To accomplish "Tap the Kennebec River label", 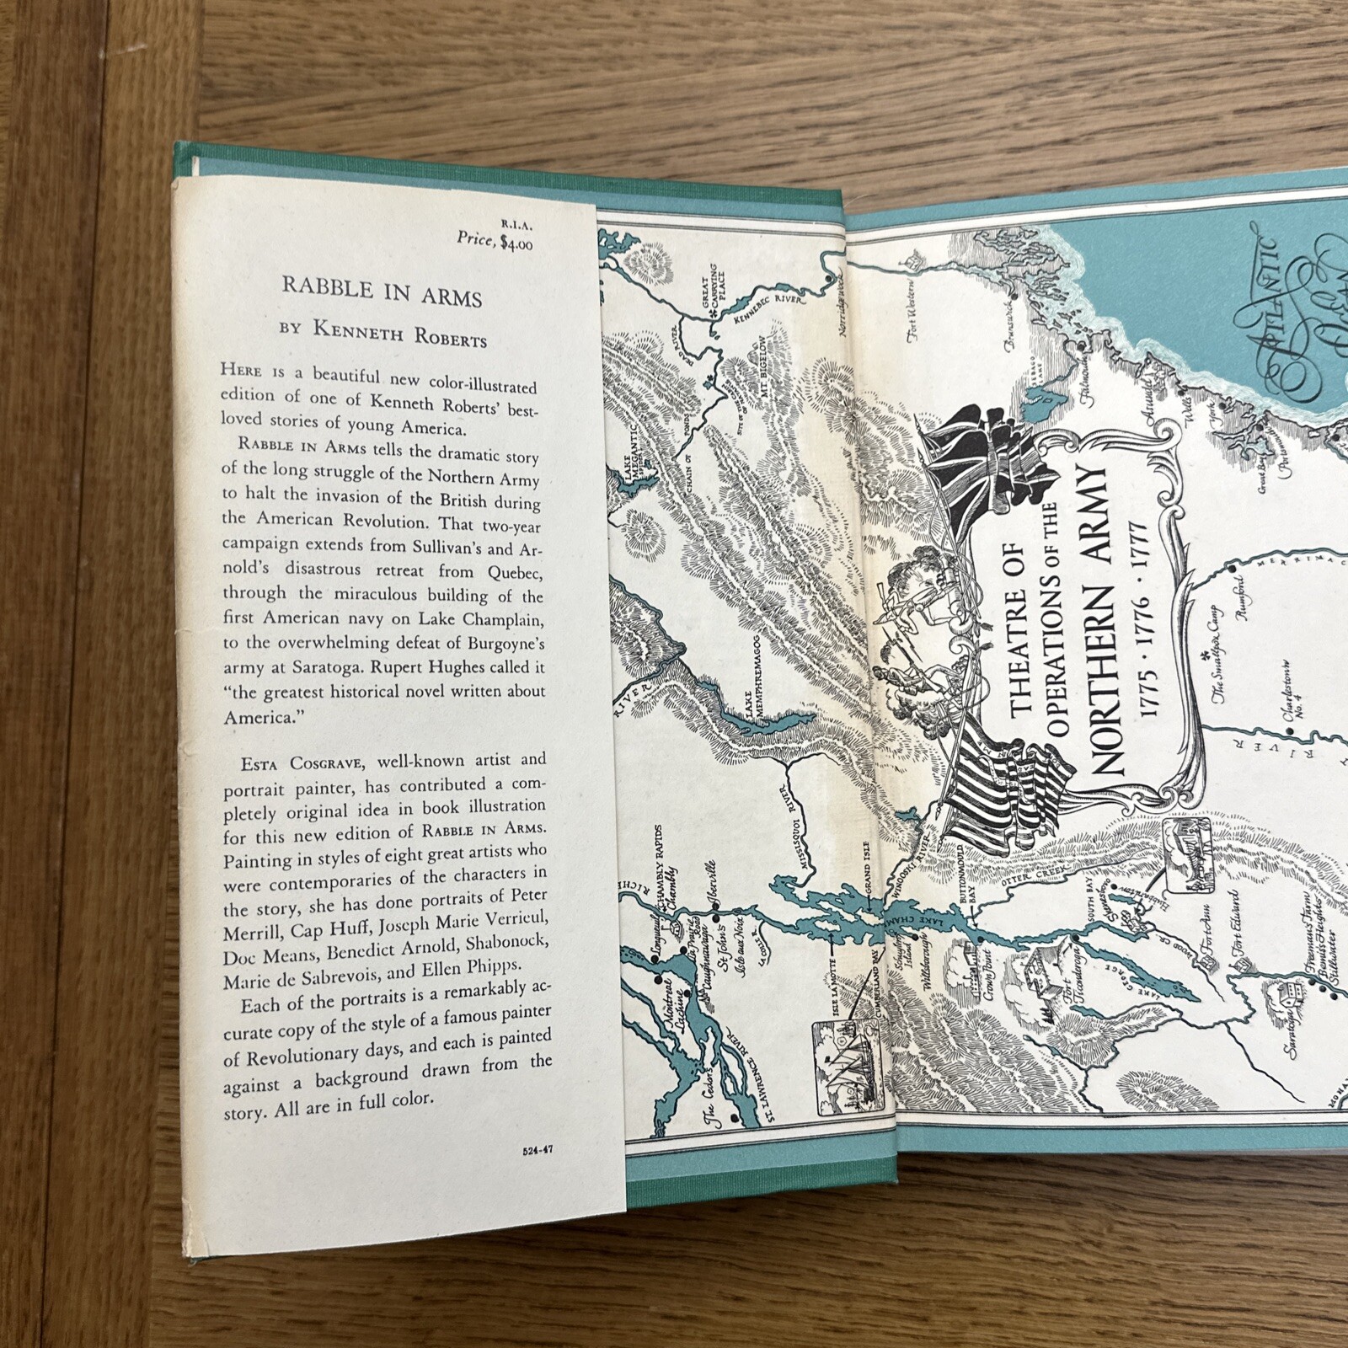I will point(776,308).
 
